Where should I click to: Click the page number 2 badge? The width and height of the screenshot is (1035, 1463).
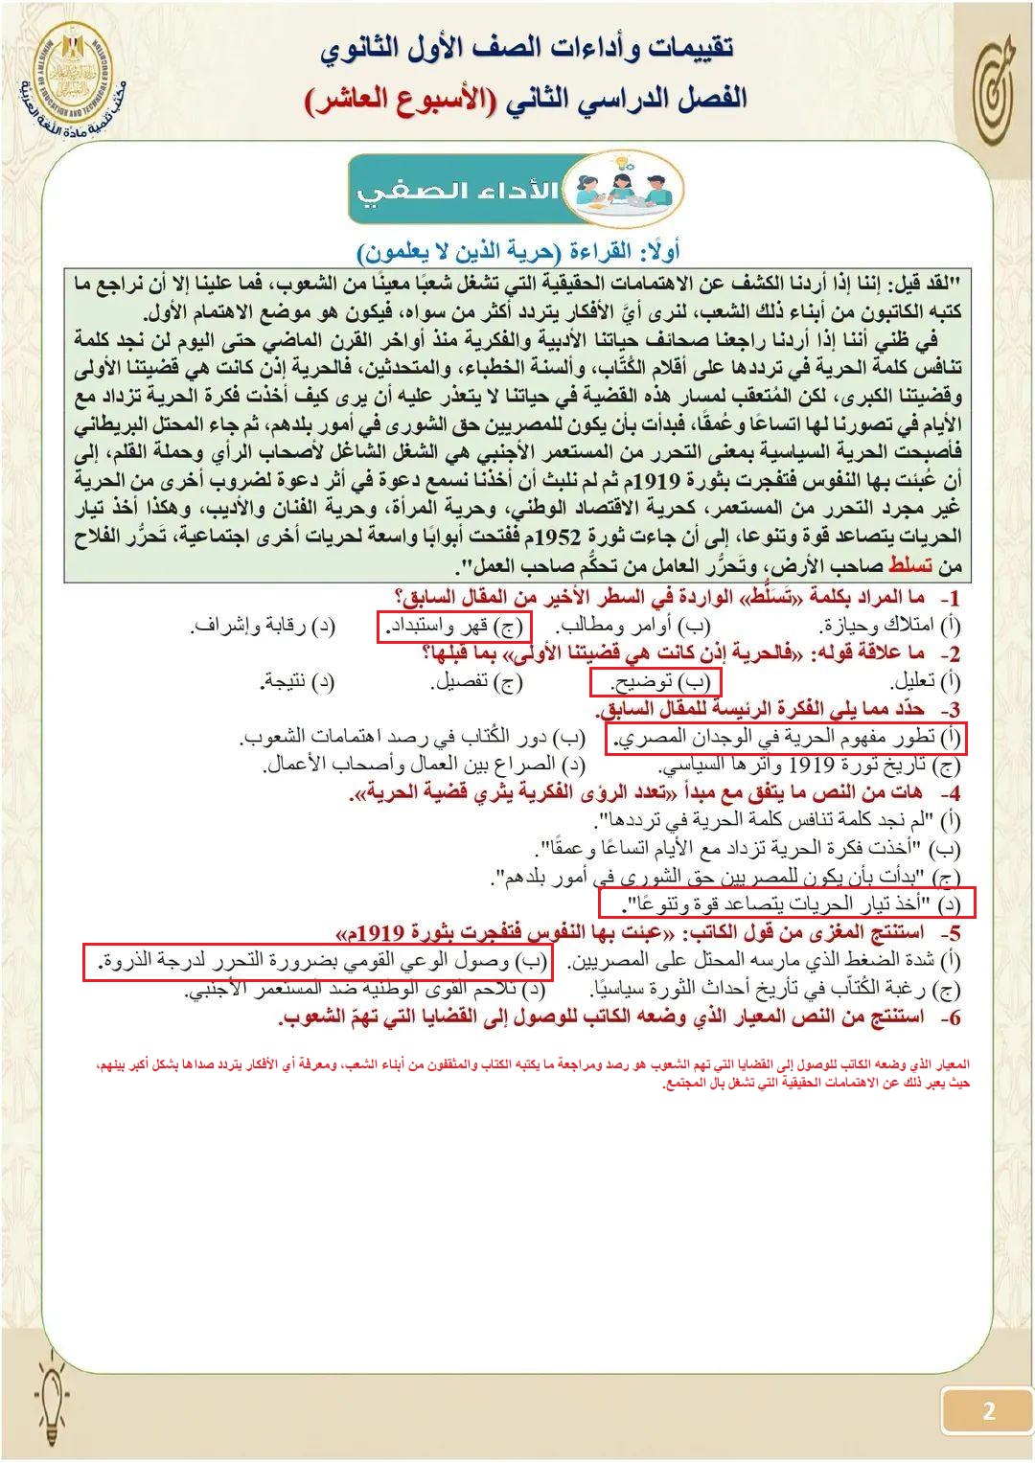[x=988, y=1410]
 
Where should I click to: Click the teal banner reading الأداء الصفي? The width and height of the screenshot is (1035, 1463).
[x=458, y=190]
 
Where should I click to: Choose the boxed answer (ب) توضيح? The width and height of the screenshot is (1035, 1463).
[x=655, y=682]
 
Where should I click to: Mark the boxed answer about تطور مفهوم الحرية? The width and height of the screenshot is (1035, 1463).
[x=785, y=738]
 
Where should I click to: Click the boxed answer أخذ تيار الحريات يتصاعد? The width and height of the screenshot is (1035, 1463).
[x=786, y=903]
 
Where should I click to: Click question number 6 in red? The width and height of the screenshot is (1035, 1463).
[x=950, y=1017]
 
